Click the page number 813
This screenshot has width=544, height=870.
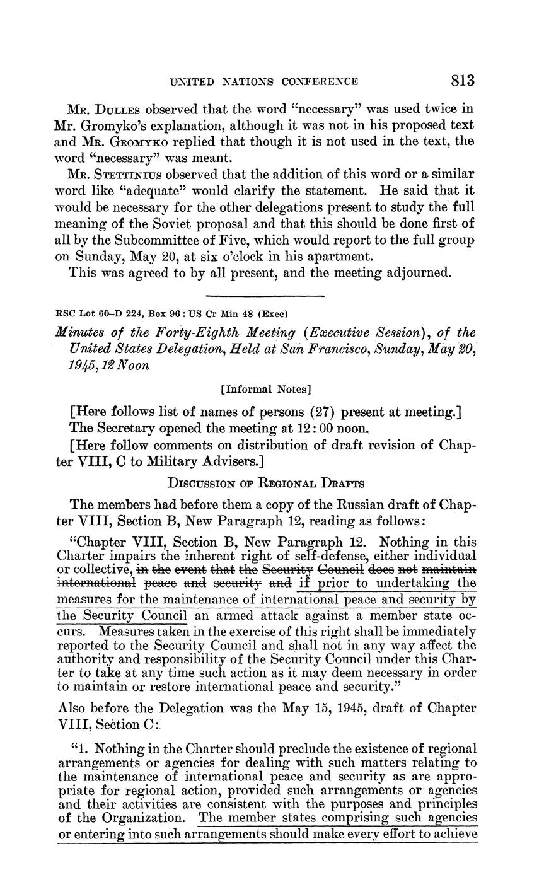click(x=462, y=81)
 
